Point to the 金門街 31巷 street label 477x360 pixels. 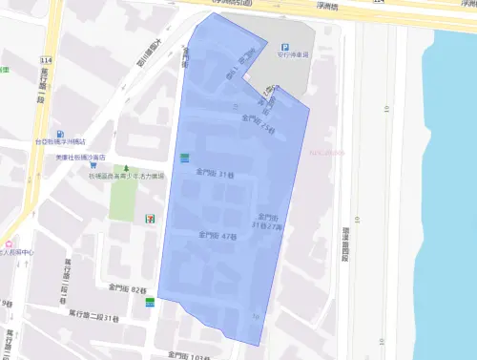(215, 174)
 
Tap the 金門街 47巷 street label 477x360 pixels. (217, 235)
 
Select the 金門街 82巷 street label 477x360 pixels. (127, 288)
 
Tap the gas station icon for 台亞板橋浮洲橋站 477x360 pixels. (61, 135)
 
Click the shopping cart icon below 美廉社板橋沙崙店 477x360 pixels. (93, 164)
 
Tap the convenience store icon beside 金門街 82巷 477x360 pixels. (150, 302)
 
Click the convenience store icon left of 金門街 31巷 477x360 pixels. (184, 157)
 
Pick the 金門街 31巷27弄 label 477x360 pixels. (268, 221)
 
